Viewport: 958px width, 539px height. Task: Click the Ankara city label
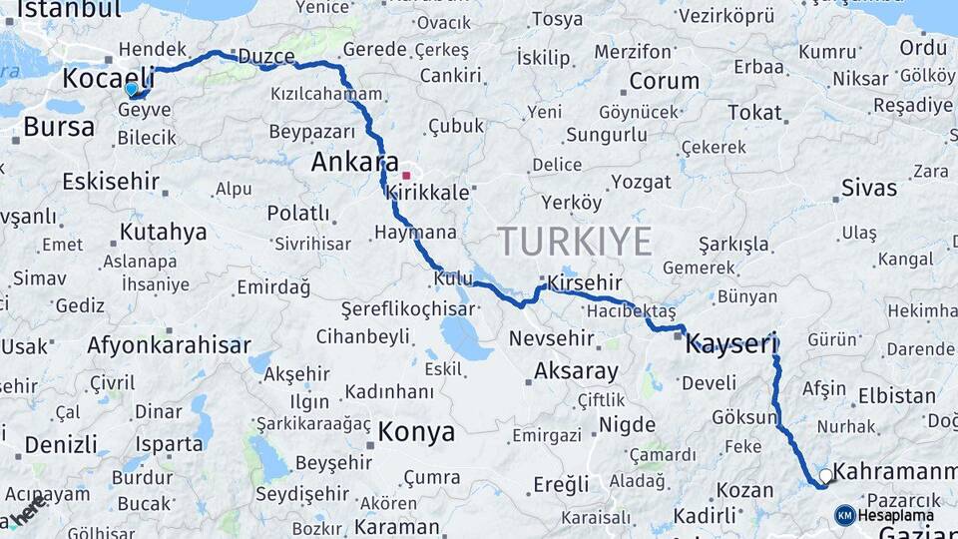coord(355,162)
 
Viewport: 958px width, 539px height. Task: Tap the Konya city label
coord(416,432)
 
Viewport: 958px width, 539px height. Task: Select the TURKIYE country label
coord(575,242)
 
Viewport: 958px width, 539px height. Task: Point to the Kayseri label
coord(731,345)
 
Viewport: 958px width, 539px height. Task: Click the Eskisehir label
coord(111,181)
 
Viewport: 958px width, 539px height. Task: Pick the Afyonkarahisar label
coord(169,345)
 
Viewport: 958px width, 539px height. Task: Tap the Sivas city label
coord(869,187)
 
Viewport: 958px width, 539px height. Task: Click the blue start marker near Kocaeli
coord(131,89)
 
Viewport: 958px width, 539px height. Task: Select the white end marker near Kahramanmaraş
coord(825,476)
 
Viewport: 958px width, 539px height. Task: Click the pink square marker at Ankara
coord(406,176)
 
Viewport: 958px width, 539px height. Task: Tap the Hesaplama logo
coord(885,515)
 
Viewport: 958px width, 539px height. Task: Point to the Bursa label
coord(59,127)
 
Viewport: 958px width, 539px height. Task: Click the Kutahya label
coord(163,233)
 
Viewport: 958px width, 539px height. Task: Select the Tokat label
coord(754,112)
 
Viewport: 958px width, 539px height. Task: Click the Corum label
coord(664,81)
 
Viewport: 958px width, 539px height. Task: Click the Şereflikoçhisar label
coord(407,309)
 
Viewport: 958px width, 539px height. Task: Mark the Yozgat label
coord(641,182)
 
